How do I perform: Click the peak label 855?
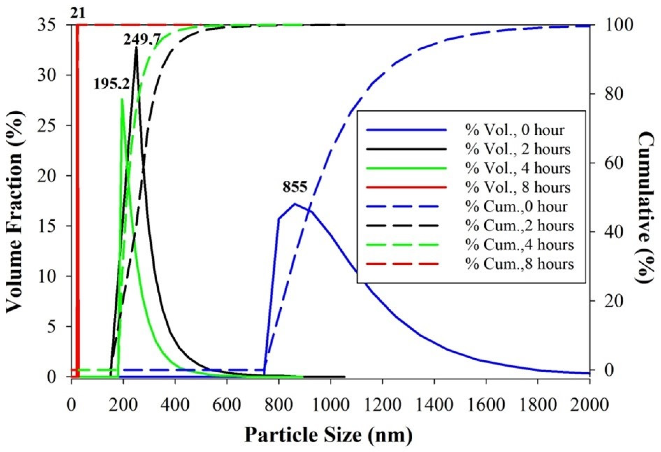pos(295,188)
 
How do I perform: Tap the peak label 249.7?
pos(142,39)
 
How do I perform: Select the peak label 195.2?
pos(112,84)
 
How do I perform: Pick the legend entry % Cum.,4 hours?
pos(519,245)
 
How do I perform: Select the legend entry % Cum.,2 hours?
pos(519,225)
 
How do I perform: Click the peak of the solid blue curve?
pos(295,204)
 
